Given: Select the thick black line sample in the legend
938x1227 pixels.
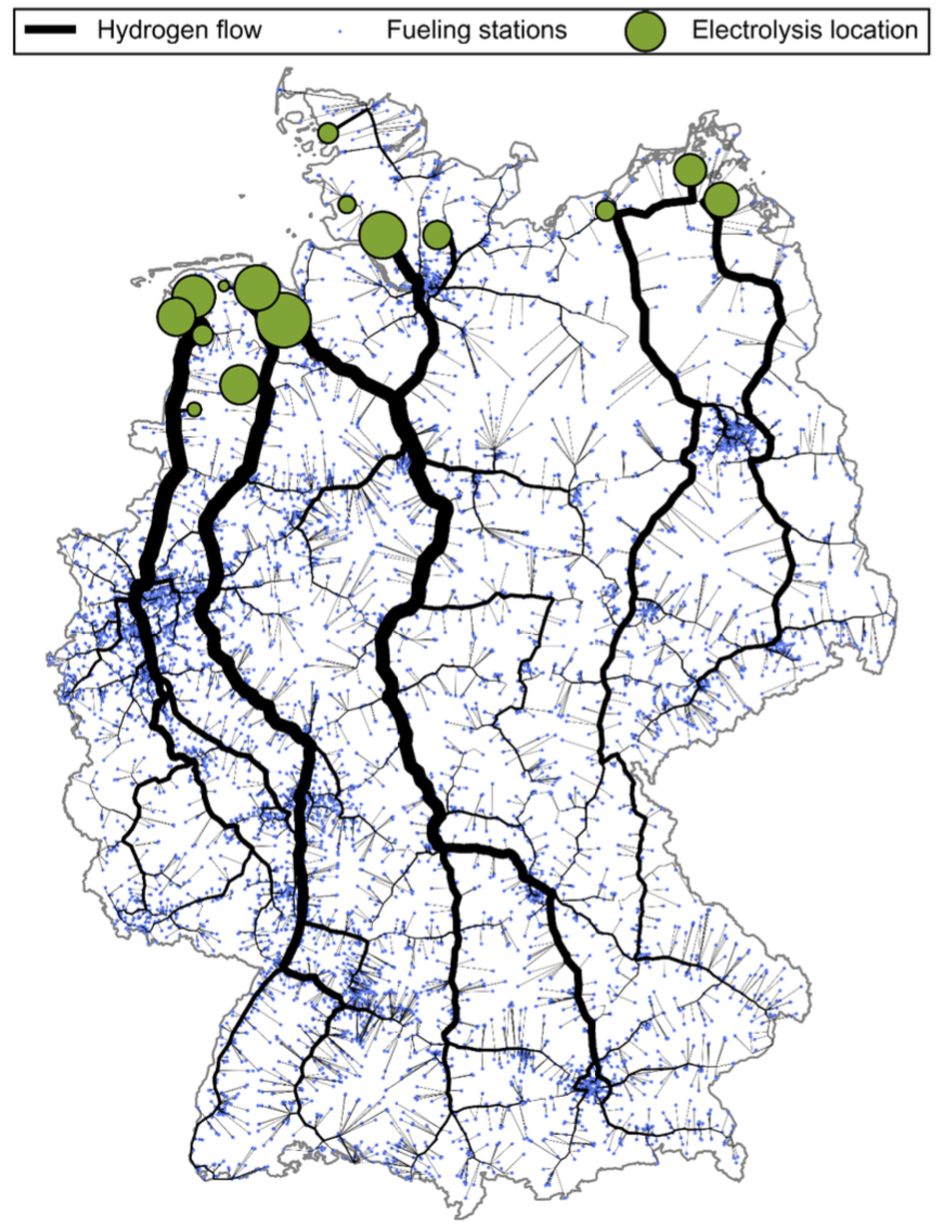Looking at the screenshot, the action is [50, 30].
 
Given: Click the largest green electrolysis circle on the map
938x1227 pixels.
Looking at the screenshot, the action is [284, 320].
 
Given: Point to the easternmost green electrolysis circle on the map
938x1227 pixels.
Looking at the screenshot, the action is [721, 199].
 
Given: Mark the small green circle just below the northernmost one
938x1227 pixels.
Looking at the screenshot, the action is [347, 204].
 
